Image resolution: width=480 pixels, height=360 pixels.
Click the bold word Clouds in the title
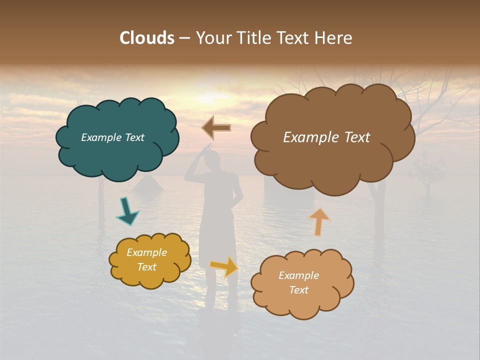[x=146, y=38]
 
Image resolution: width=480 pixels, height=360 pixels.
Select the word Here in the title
[x=334, y=38]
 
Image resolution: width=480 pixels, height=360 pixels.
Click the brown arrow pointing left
[x=216, y=128]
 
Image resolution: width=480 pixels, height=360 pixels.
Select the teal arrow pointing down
[x=127, y=211]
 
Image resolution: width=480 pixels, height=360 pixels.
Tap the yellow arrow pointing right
[x=224, y=266]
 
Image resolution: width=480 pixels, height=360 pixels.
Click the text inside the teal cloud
[x=112, y=137]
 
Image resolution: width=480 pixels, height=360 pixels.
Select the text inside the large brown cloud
[x=326, y=137]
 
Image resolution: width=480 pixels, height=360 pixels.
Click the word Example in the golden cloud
[x=146, y=252]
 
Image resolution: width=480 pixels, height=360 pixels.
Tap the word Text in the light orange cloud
[x=298, y=290]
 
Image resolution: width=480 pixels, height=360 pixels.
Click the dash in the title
[x=184, y=38]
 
